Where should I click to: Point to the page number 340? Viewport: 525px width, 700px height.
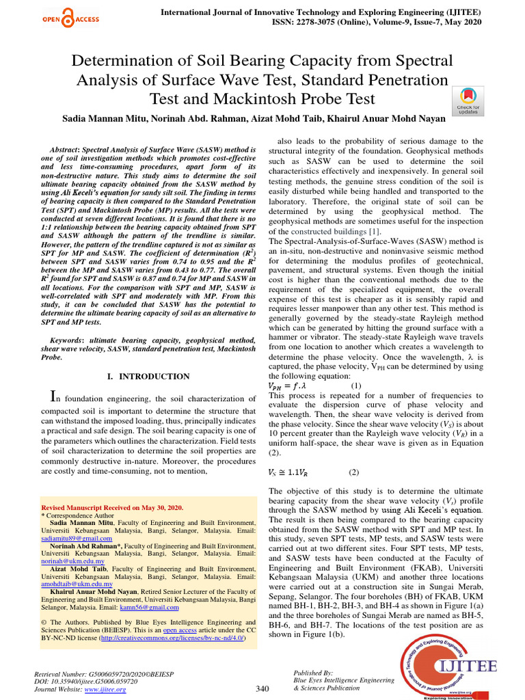click(x=262, y=688)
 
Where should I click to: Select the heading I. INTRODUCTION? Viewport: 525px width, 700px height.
click(x=149, y=376)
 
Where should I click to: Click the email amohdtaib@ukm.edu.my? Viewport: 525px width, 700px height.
click(x=77, y=584)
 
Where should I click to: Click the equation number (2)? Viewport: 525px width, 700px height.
click(x=353, y=472)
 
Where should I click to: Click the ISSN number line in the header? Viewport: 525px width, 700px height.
click(x=320, y=22)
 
